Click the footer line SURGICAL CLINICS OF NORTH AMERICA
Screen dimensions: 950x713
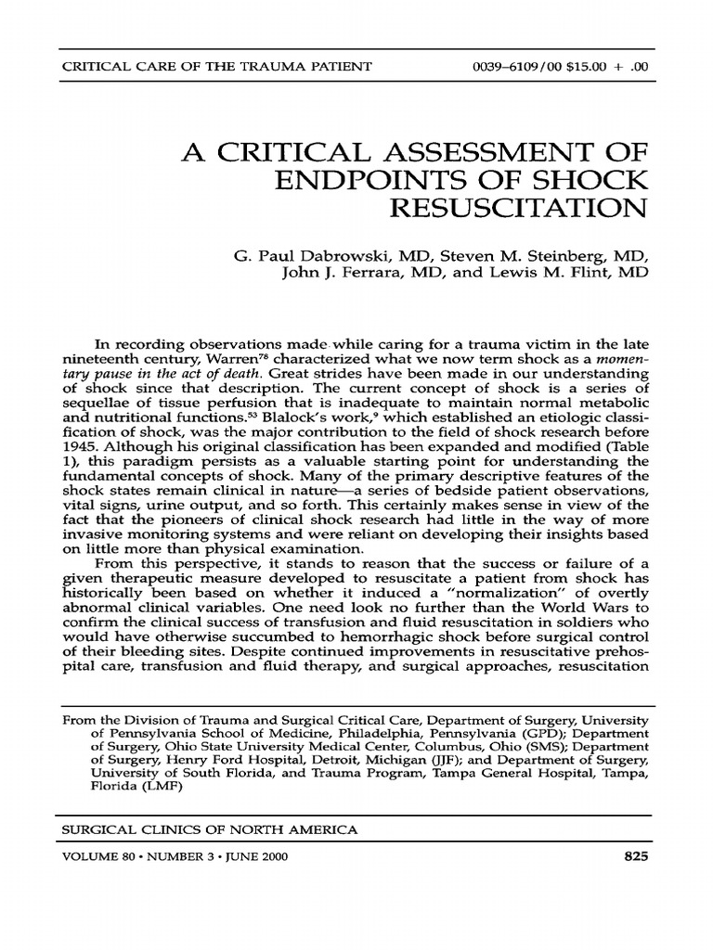[208, 828]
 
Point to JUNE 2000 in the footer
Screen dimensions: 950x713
[253, 857]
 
